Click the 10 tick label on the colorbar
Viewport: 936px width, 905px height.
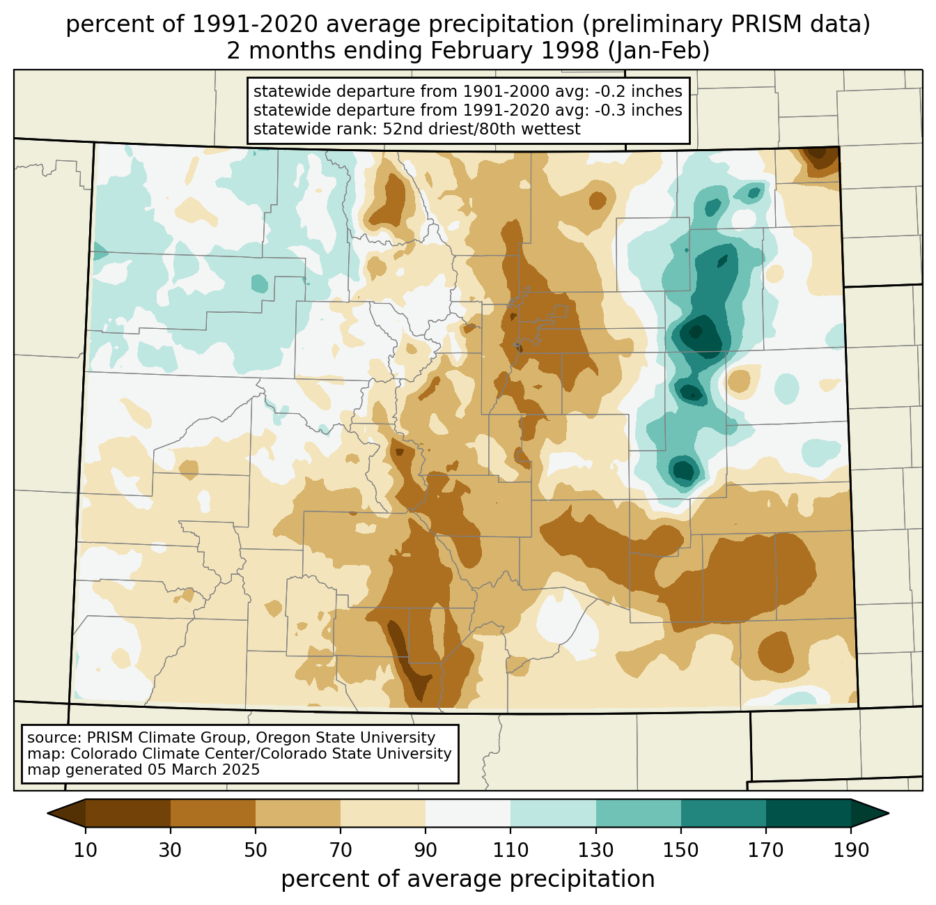(x=86, y=851)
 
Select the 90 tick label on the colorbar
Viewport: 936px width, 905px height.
(x=426, y=851)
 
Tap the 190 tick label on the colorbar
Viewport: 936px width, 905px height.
(x=851, y=851)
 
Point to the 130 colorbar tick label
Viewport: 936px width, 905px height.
(x=596, y=851)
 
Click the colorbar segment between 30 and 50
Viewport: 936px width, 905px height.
(x=213, y=813)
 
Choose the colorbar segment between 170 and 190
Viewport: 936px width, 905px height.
(x=809, y=813)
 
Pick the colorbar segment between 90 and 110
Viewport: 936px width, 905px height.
(x=468, y=813)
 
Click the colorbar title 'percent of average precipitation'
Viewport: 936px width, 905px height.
(x=468, y=879)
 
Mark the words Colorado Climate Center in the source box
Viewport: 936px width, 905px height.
(x=148, y=754)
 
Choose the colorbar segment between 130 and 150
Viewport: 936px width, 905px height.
(x=639, y=813)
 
